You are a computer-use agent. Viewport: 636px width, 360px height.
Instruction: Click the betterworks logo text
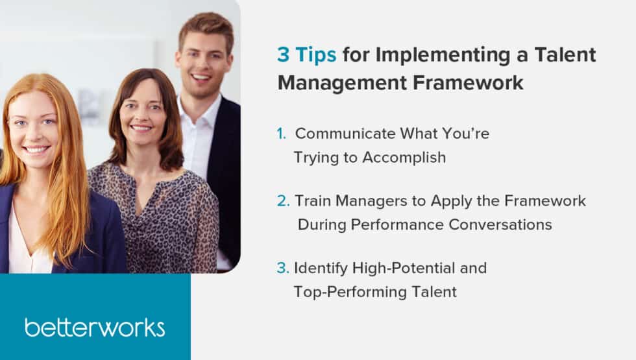95,327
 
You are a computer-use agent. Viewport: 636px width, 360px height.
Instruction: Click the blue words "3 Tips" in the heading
306,55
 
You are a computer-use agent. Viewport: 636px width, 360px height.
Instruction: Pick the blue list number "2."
283,201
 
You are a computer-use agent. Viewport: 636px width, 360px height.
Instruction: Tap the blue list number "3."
283,268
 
